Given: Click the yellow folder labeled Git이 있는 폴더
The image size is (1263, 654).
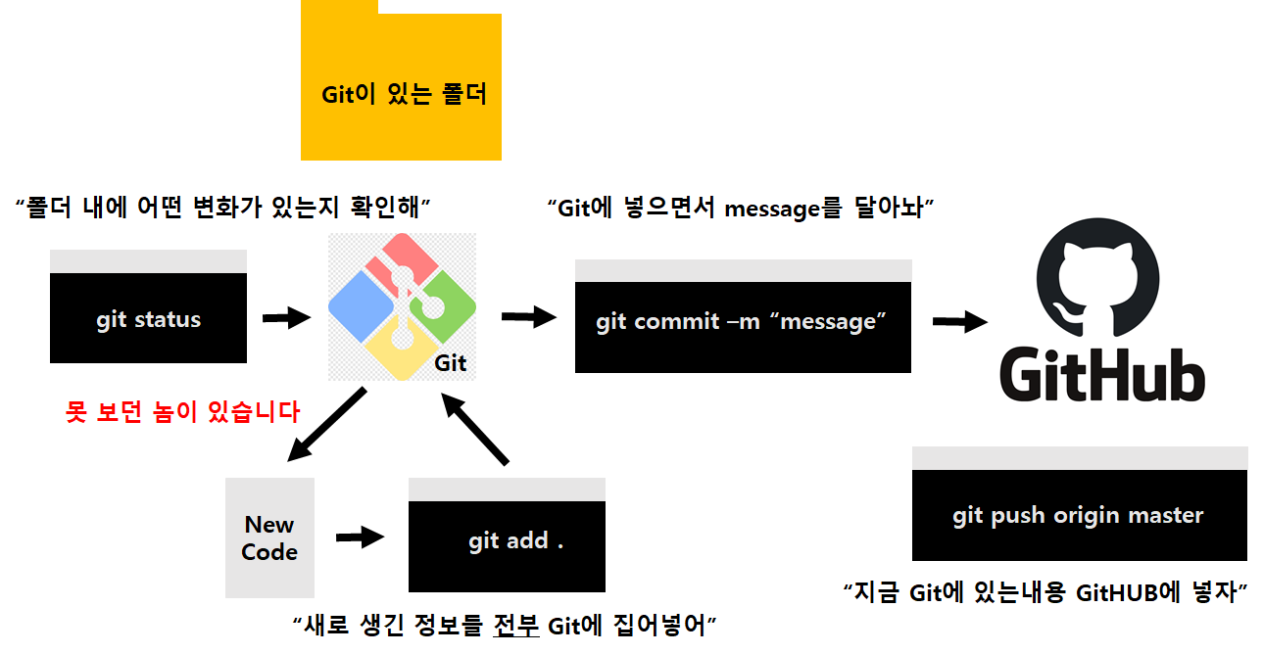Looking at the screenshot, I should (401, 96).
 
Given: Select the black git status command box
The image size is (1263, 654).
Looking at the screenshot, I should (148, 319).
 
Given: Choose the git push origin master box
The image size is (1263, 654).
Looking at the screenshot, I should (1079, 515).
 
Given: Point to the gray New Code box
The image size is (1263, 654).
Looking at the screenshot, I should (269, 537).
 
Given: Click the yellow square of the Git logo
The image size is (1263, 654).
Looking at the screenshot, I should (401, 350).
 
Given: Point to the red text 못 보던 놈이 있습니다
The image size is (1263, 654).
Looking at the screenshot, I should (182, 411).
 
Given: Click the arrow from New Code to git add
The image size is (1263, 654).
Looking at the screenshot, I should (359, 537).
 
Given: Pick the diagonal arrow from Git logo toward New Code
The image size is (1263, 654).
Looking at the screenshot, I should (326, 424).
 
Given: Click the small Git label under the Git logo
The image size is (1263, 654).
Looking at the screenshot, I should (451, 363).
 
